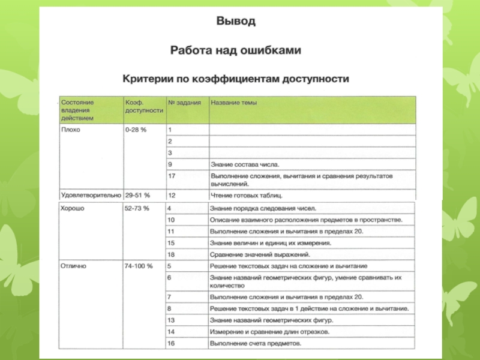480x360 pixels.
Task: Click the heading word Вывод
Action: click(236, 22)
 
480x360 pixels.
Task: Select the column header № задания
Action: click(184, 103)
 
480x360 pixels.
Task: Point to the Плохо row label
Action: click(71, 129)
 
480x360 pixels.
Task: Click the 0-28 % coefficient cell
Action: click(136, 129)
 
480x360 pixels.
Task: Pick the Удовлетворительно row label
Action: click(91, 195)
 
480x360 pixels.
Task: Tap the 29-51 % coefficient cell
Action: click(137, 195)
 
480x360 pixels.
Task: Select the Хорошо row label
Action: click(73, 208)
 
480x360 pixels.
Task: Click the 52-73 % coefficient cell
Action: click(137, 208)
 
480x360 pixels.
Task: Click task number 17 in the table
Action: click(172, 176)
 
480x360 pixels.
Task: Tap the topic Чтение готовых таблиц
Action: click(246, 195)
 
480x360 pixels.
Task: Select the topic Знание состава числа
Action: click(244, 163)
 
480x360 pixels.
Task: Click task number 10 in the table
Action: click(171, 220)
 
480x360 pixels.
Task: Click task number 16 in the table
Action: click(171, 343)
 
